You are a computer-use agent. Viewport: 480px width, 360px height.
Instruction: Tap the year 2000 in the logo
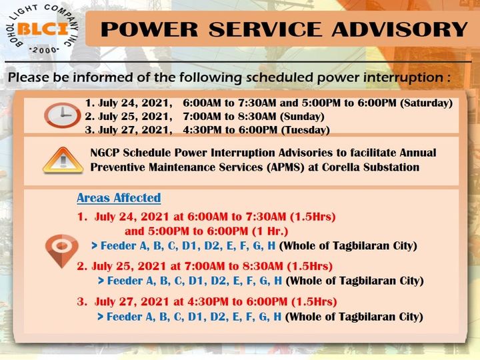(45, 50)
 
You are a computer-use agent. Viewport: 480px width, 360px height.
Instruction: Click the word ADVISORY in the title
(400, 29)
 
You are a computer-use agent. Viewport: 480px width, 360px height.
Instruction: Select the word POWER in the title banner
(150, 29)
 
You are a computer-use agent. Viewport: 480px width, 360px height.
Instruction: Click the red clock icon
(62, 115)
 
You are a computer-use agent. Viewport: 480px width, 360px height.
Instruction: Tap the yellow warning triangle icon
(63, 161)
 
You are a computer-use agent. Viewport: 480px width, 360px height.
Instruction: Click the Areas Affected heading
(119, 198)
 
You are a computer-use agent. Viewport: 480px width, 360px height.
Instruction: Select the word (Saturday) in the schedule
(427, 103)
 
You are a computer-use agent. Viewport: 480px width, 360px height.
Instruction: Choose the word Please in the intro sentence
(29, 77)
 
